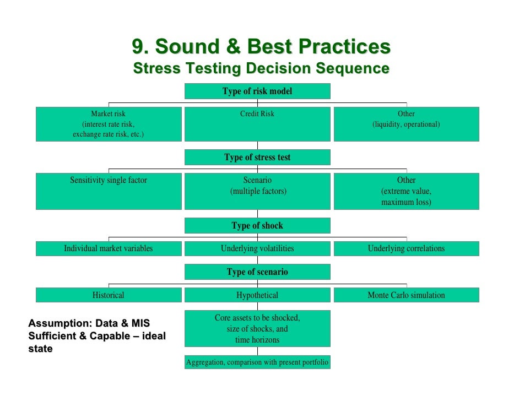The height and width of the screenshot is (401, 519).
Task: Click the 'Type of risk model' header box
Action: pyautogui.click(x=257, y=91)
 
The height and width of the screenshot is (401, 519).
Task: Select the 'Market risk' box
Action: pyautogui.click(x=109, y=124)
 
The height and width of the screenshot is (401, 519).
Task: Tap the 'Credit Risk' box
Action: pyautogui.click(x=257, y=124)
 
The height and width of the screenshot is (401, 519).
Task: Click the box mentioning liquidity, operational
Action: pyautogui.click(x=406, y=124)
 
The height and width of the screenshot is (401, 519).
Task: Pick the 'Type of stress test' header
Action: pyautogui.click(x=257, y=157)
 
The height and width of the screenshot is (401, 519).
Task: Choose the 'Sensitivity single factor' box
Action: pyautogui.click(x=109, y=191)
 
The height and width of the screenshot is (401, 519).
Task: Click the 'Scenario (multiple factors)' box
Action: pyautogui.click(x=257, y=191)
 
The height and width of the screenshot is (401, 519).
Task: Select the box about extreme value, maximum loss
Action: pyautogui.click(x=406, y=191)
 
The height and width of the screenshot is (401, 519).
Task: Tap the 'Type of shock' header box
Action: pyautogui.click(x=257, y=225)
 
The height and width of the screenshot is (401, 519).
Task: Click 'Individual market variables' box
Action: pyautogui.click(x=109, y=248)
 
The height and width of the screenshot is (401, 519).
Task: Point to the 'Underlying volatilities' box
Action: pyautogui.click(x=257, y=248)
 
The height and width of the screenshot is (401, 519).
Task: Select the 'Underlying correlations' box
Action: pyautogui.click(x=406, y=248)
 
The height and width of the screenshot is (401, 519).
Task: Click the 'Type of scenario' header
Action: pyautogui.click(x=257, y=272)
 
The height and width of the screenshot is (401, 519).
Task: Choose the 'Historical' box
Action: pyautogui.click(x=109, y=295)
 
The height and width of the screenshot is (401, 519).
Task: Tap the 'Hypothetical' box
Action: pyautogui.click(x=257, y=295)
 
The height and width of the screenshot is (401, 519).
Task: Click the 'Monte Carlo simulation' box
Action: pyautogui.click(x=406, y=295)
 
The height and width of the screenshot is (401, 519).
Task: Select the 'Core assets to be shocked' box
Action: pyautogui.click(x=257, y=328)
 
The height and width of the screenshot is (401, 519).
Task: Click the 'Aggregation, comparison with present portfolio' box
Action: pyautogui.click(x=257, y=362)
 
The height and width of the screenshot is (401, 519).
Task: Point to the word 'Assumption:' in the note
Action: pyautogui.click(x=55, y=323)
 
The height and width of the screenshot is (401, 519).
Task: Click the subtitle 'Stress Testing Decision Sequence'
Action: pyautogui.click(x=261, y=69)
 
